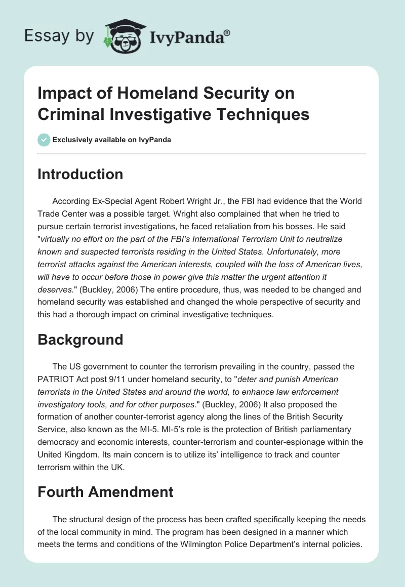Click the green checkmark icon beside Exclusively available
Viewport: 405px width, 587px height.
click(44, 140)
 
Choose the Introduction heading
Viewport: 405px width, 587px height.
click(80, 174)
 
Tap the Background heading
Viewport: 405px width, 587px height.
click(80, 339)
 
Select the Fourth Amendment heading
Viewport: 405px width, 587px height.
click(105, 491)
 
